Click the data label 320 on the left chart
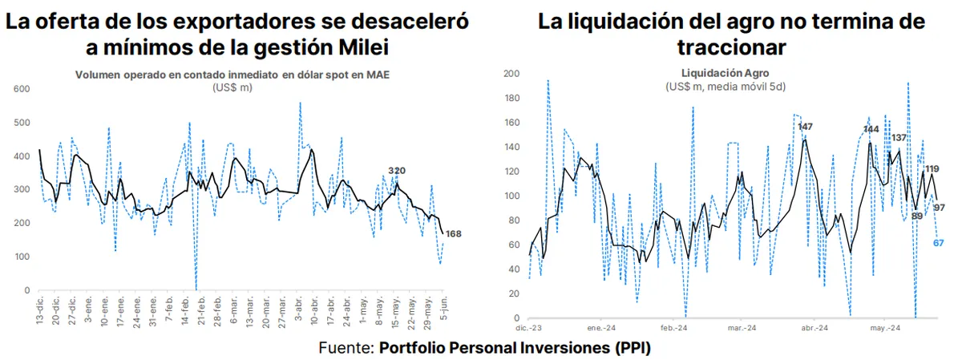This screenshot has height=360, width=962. point(396,171)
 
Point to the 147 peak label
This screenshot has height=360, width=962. point(805,127)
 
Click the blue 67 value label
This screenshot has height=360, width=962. point(941,242)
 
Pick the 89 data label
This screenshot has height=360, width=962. point(918,215)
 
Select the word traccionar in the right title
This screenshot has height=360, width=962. point(730,47)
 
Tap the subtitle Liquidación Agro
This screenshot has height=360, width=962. point(730,72)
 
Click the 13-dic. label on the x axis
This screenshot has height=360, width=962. point(39,309)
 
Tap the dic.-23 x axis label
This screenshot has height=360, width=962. point(529,327)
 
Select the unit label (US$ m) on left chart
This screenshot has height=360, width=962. point(232,87)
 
